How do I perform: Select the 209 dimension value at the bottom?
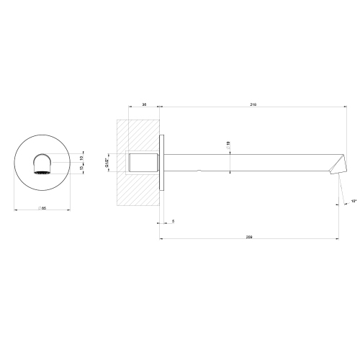click(x=249, y=236)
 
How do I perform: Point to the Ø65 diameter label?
click(x=43, y=207)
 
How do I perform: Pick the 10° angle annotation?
click(x=354, y=201)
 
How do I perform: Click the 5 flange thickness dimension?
click(x=174, y=220)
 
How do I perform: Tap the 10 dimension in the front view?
click(x=81, y=158)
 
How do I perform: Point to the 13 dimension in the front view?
click(x=81, y=169)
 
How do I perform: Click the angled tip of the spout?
click(x=337, y=169)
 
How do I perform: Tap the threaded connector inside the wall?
click(x=143, y=162)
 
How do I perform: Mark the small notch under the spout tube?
click(x=199, y=171)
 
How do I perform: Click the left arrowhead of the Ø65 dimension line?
click(x=16, y=210)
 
